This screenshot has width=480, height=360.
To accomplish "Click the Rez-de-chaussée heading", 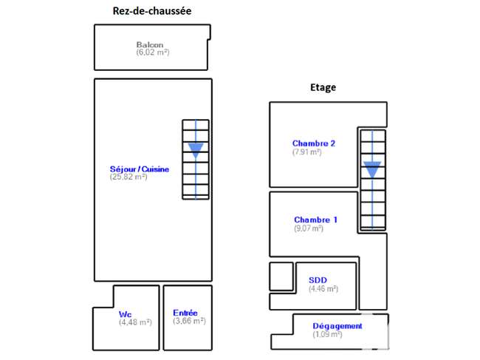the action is (152, 11).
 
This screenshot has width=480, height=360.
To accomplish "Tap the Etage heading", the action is (323, 88).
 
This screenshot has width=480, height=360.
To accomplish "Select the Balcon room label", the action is (150, 45).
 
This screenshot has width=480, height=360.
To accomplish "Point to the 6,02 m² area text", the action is (153, 52).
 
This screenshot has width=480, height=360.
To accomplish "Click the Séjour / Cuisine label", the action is (140, 169).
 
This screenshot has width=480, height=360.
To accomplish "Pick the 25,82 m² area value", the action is (128, 177).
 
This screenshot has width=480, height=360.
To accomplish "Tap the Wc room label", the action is (126, 314).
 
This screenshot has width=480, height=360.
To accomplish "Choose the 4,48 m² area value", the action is (135, 322).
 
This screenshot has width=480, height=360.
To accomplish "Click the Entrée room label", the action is (185, 313).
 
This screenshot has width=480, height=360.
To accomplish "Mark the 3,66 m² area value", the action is (189, 321).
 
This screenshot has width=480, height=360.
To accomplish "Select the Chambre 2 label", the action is (314, 143).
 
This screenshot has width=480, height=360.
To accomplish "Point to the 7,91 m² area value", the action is (307, 152).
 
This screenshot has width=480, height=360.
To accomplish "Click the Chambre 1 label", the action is (315, 220).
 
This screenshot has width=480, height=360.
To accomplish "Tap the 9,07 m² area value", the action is (309, 228).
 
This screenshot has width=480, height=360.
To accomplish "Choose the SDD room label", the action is (318, 280).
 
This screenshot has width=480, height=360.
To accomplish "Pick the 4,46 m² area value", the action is (323, 288).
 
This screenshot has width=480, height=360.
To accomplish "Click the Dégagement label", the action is (337, 326).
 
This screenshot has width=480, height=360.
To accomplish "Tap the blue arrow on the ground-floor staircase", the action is (196, 160).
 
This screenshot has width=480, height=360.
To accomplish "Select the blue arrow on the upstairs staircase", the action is (372, 180).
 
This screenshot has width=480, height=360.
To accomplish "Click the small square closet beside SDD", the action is (281, 276).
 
